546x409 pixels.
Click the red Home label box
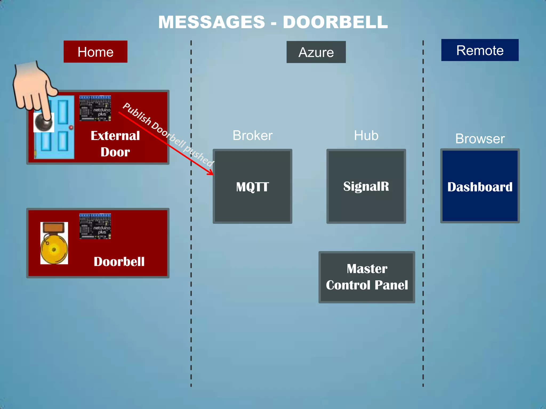pyautogui.click(x=95, y=52)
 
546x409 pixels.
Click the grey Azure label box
pyautogui.click(x=316, y=52)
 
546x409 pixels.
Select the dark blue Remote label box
pyautogui.click(x=480, y=50)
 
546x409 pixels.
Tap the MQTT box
pyautogui.click(x=252, y=186)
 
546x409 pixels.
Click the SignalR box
pyautogui.click(x=366, y=186)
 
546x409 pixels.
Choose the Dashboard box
pyautogui.click(x=480, y=186)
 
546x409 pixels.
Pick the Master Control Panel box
pyautogui.click(x=367, y=277)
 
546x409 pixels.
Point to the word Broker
pyautogui.click(x=252, y=136)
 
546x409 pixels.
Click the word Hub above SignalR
pyautogui.click(x=366, y=136)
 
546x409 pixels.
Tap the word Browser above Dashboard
pyautogui.click(x=480, y=139)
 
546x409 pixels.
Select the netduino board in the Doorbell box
pyautogui.click(x=95, y=226)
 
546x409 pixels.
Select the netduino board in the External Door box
pyautogui.click(x=95, y=108)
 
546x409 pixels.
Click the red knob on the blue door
pyautogui.click(x=71, y=128)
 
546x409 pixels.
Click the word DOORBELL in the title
pyautogui.click(x=335, y=22)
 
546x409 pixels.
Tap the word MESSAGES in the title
pyautogui.click(x=212, y=22)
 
